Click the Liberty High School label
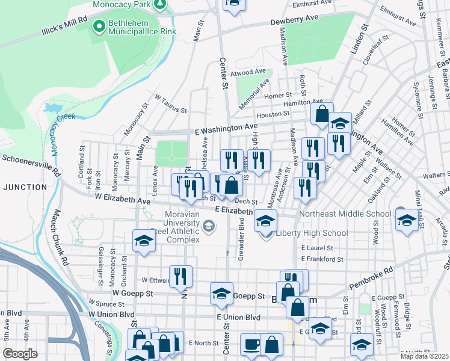pyautogui.click(x=312, y=233)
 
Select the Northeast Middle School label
pyautogui.click(x=345, y=214)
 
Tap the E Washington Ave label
pyautogui.click(x=226, y=129)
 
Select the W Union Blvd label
pyautogui.click(x=112, y=315)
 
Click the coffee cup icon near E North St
pyautogui.click(x=251, y=345)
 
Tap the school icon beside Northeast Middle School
pyautogui.click(x=407, y=220)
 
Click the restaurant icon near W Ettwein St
pyautogui.click(x=180, y=276)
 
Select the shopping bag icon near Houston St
pyautogui.click(x=322, y=113)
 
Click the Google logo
pyautogui.click(x=20, y=354)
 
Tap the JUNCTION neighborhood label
pyautogui.click(x=25, y=187)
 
